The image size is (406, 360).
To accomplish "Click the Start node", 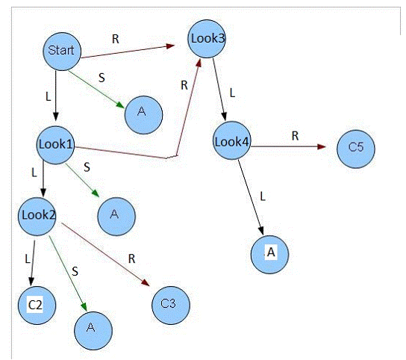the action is click(62, 52).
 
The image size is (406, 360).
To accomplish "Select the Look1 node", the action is click(55, 145).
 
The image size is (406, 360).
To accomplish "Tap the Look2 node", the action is click(37, 217).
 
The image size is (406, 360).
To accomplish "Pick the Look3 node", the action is click(207, 39).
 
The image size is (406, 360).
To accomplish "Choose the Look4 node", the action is click(232, 140).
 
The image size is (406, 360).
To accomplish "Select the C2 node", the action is click(37, 305).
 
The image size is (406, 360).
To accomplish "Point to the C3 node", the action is click(171, 305).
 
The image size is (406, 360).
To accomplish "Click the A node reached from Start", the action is click(143, 115).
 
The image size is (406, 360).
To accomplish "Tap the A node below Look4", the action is click(270, 255).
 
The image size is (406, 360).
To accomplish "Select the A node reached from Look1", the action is click(116, 217).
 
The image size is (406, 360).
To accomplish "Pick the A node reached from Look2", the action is click(93, 331).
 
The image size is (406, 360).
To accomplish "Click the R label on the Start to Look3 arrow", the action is click(116, 39).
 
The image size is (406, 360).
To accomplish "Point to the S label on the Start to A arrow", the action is click(101, 78).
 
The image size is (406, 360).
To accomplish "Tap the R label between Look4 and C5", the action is click(296, 136).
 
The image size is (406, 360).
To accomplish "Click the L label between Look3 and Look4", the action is click(233, 93).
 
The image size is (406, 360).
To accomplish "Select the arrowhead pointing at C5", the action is click(322, 147).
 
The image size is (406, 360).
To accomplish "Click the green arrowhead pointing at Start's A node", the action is click(120, 105).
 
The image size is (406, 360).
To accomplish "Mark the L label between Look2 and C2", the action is click(28, 258).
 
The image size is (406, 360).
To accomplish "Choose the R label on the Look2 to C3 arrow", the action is click(132, 258).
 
